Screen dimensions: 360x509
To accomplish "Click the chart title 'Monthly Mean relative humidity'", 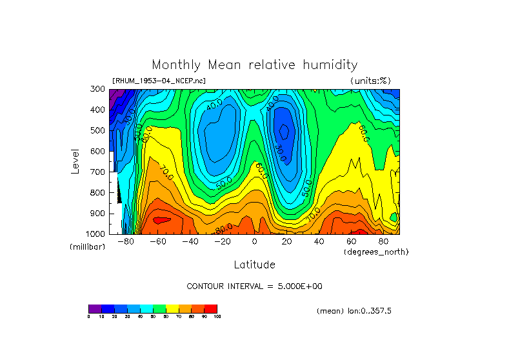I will click(x=254, y=65).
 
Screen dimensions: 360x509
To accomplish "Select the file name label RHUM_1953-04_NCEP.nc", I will click(x=159, y=81).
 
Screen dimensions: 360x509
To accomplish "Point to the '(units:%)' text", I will click(x=370, y=81).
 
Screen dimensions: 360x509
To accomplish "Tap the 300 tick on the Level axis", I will click(x=97, y=89).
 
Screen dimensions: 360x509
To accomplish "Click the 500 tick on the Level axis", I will click(x=97, y=130).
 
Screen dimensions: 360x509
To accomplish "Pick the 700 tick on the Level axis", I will click(x=97, y=172).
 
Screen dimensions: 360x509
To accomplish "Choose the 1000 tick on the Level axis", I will click(x=95, y=234).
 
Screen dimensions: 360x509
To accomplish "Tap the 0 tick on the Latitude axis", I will click(x=254, y=242).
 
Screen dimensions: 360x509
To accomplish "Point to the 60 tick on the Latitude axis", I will click(x=351, y=242).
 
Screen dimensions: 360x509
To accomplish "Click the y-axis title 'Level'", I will click(x=75, y=161).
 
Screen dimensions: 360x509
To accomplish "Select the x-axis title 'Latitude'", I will click(x=254, y=265).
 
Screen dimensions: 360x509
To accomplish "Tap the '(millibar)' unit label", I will click(x=87, y=248).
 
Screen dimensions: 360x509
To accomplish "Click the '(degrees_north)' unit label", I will click(x=376, y=252).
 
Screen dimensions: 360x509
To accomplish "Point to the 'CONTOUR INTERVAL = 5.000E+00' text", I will click(x=254, y=286).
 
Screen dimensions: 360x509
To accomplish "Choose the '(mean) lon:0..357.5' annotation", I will click(x=354, y=311).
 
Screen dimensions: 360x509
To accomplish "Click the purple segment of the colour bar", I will click(x=95, y=308).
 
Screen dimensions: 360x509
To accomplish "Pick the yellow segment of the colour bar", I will click(x=172, y=308).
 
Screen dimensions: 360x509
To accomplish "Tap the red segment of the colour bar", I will click(x=211, y=308).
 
